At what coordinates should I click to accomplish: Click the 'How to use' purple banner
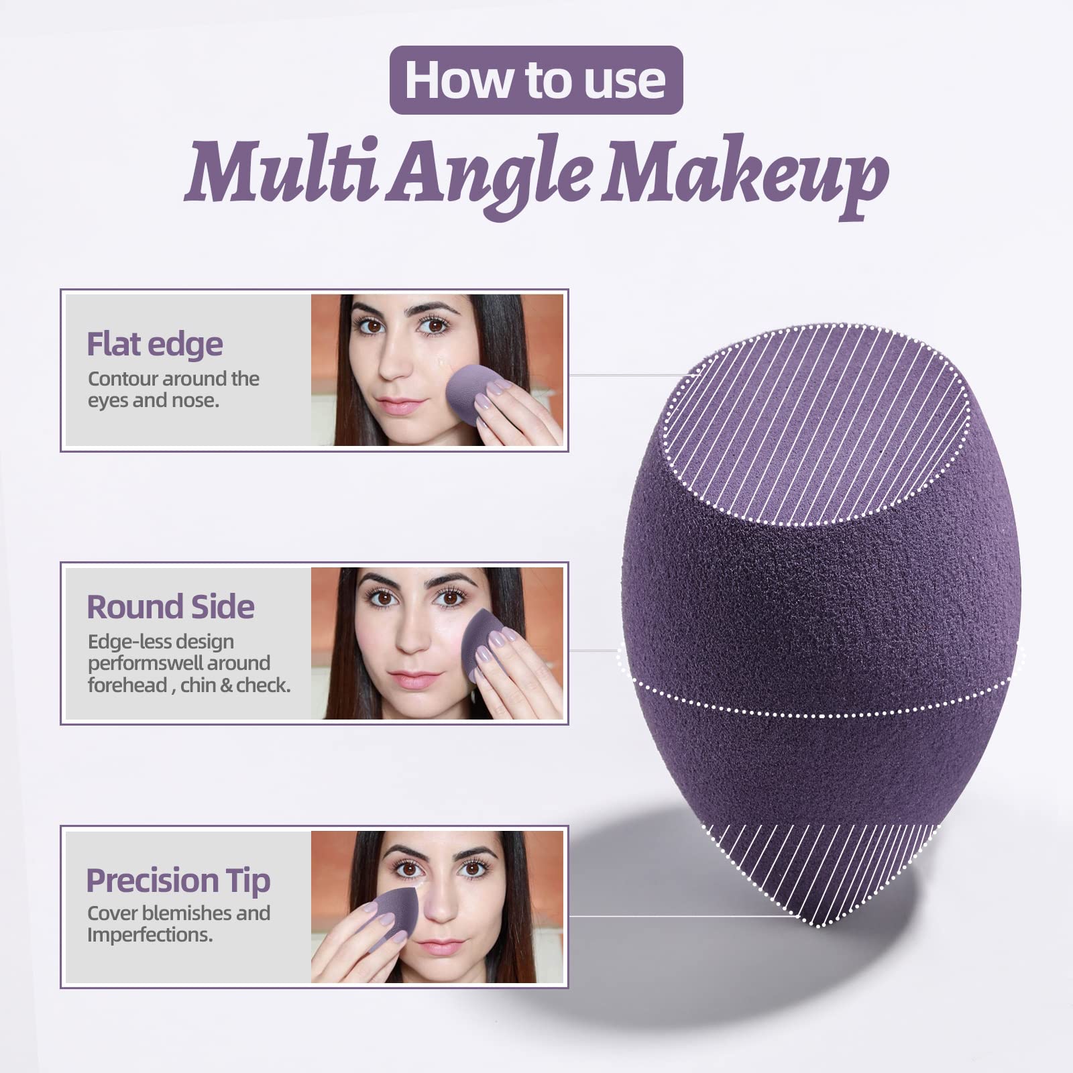pos(536,80)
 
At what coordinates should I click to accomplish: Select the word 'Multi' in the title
pos(282,168)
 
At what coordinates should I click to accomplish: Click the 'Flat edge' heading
pos(155,344)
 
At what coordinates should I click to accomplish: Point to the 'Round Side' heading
pos(170,607)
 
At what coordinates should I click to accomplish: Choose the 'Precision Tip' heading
pos(178,881)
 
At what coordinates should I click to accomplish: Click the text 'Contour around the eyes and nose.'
pos(173,390)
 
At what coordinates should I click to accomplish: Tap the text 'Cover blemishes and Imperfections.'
pos(178,923)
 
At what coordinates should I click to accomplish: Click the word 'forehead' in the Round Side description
pos(127,685)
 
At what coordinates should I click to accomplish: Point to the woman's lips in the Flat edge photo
pos(401,406)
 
